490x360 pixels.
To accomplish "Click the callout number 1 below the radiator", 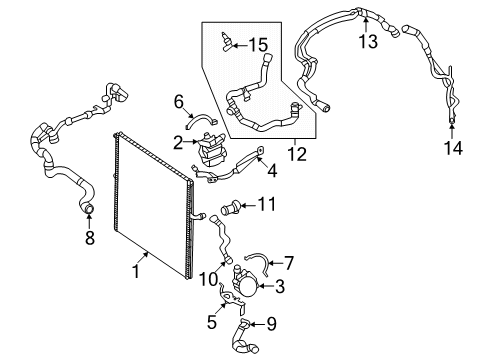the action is (x=136, y=271).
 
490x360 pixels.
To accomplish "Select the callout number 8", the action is (x=90, y=238).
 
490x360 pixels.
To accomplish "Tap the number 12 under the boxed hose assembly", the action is (x=298, y=155).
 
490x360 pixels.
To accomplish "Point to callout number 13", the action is (x=368, y=42).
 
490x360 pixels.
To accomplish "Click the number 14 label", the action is (x=453, y=148).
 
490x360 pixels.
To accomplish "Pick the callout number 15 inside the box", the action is (x=259, y=45).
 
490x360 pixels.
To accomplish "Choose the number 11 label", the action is (x=267, y=204).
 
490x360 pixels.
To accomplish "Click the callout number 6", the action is (x=179, y=101).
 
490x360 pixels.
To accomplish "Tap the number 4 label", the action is (x=272, y=171).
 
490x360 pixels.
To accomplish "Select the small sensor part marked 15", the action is (x=227, y=43).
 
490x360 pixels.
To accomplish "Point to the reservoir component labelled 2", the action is (x=212, y=149).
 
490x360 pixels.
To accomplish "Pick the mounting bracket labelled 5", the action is (x=232, y=297).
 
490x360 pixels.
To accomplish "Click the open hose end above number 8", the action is (x=89, y=209).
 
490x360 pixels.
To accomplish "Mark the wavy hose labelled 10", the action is (x=221, y=237).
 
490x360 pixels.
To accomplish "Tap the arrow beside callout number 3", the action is (x=265, y=286).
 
